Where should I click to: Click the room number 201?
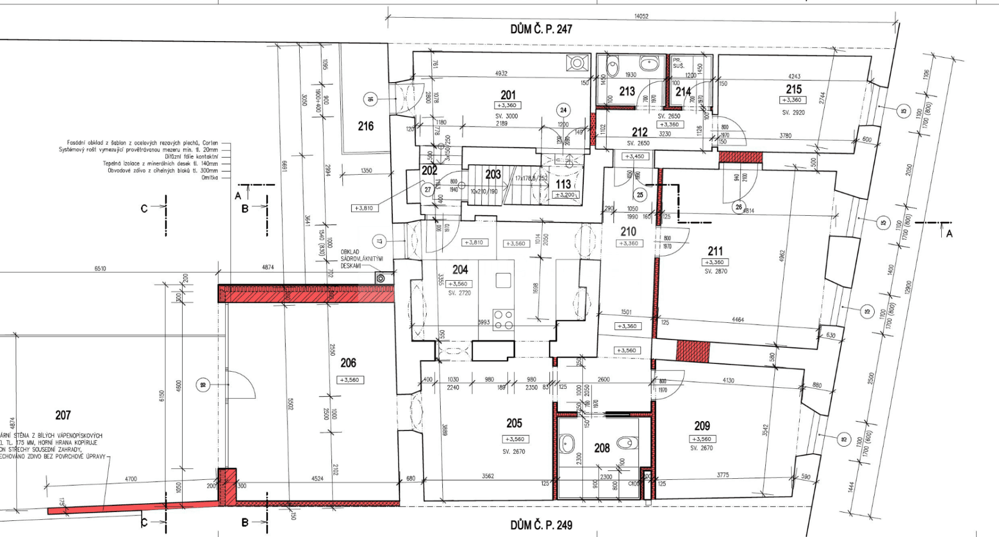(508, 95)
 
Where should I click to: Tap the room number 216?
(366, 126)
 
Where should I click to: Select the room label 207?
(63, 415)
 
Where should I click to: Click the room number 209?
(702, 425)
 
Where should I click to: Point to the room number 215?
(794, 89)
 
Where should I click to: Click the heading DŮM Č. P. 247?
(541, 29)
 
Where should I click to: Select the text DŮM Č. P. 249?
(541, 525)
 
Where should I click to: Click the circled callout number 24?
(563, 110)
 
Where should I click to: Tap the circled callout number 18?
(203, 385)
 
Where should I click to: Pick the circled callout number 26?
(739, 207)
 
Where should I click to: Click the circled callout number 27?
(427, 189)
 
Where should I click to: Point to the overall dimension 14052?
(641, 16)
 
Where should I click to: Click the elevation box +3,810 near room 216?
(364, 208)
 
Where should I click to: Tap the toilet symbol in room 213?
(613, 67)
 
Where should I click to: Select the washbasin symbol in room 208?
(567, 443)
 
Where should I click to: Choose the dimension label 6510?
(100, 268)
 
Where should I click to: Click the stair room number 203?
(493, 174)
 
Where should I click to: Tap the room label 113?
(563, 184)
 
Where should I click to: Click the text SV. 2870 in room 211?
(715, 271)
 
